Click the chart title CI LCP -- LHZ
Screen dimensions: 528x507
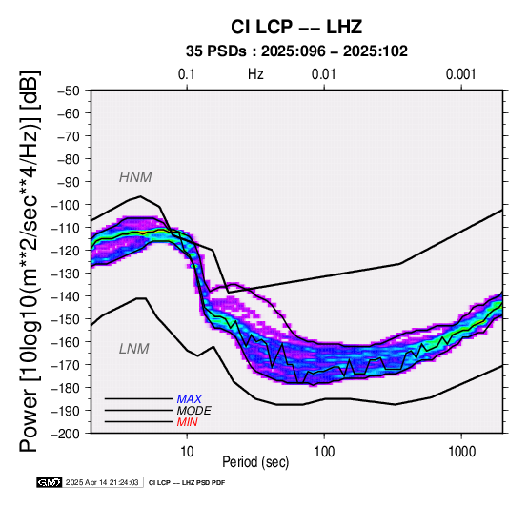coord(296,27)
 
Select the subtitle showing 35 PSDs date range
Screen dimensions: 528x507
coord(296,51)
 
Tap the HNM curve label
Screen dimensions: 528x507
coord(135,177)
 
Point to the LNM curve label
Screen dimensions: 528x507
coord(134,349)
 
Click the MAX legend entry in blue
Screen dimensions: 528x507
coord(190,399)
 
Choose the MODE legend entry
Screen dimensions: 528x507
coord(194,411)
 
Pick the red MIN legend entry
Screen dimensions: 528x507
coord(187,422)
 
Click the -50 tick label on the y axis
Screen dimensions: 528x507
coord(69,91)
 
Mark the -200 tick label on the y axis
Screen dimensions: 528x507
coord(66,434)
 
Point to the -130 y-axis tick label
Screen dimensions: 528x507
coord(66,274)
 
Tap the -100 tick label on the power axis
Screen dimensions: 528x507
coord(66,205)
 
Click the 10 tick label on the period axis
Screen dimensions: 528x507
coord(187,451)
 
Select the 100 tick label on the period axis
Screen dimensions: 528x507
coord(324,451)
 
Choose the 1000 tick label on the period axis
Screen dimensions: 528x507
coord(461,451)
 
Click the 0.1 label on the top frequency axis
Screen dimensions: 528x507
coord(187,74)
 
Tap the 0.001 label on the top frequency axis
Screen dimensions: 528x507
coord(461,74)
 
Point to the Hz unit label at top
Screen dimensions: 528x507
coord(255,74)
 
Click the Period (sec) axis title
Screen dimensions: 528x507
coord(255,462)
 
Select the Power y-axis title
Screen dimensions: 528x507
coord(30,261)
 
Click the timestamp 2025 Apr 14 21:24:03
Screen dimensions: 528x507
coord(102,482)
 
